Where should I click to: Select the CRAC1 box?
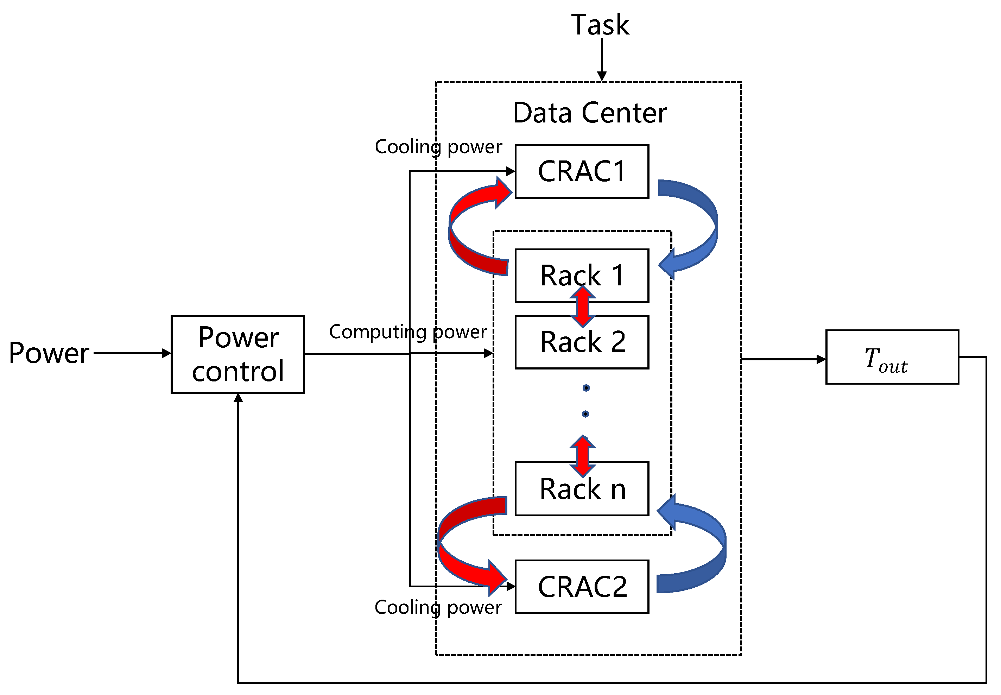tap(581, 172)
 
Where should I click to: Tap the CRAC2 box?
tap(581, 587)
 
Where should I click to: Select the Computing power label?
tap(407, 332)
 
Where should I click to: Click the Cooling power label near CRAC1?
tap(438, 147)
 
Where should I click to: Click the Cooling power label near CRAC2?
tap(438, 607)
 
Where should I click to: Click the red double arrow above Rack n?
tap(582, 456)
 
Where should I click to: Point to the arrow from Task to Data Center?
tap(601, 59)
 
